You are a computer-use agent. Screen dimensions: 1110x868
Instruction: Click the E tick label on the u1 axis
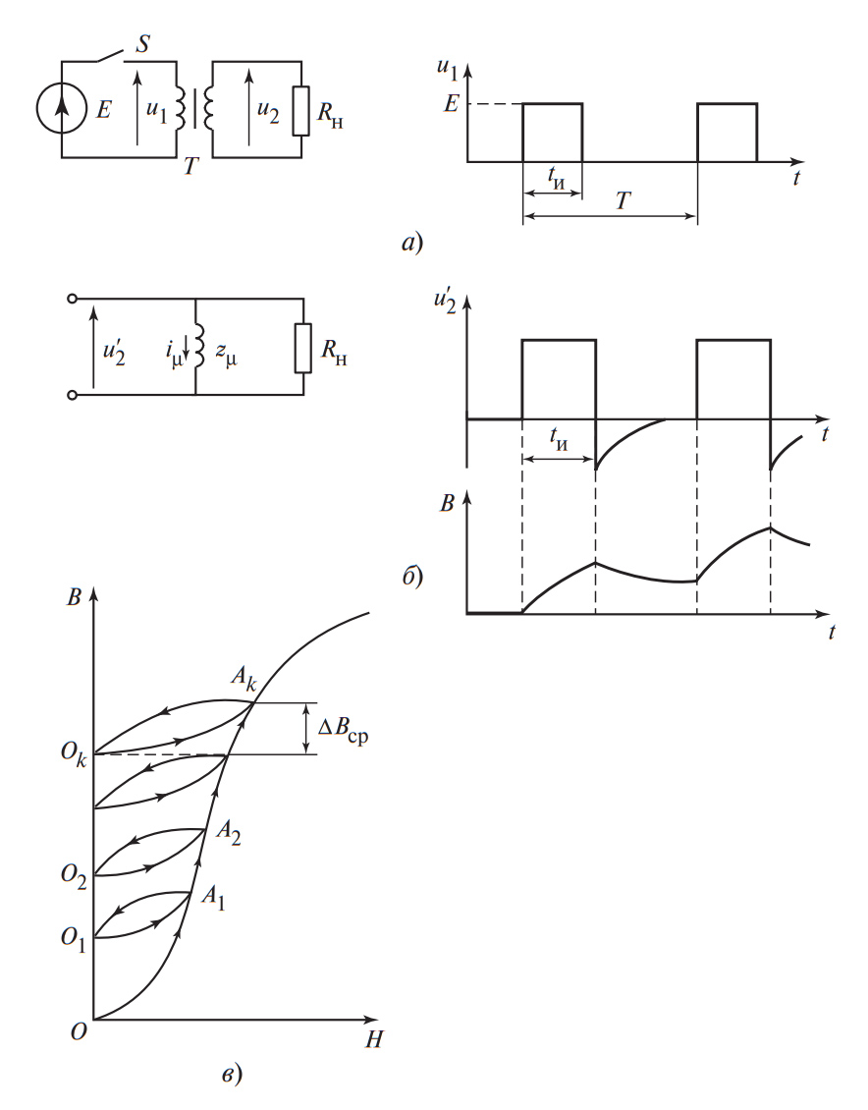coord(451,103)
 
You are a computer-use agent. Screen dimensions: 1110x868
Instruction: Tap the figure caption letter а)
coord(411,240)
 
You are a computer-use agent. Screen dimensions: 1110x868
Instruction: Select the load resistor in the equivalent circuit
coord(302,347)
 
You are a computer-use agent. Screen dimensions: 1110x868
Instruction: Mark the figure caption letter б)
coord(411,575)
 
